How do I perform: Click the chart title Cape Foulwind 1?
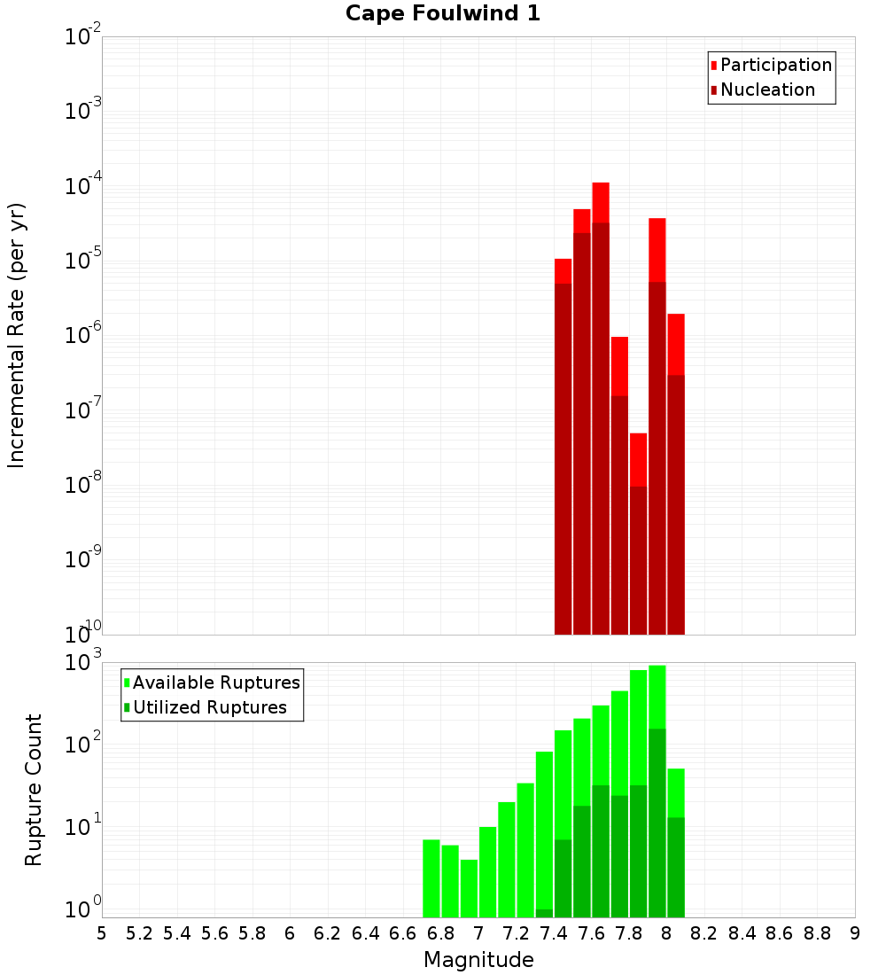point(442,13)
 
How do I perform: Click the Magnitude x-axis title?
point(478,960)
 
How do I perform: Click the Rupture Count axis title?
point(34,790)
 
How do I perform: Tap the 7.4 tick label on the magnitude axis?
point(554,933)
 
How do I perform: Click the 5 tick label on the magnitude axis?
point(102,933)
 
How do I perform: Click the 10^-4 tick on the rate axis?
point(84,186)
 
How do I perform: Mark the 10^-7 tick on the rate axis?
point(84,410)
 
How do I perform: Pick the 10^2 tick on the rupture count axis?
point(84,743)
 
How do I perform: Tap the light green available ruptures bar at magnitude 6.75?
point(431,877)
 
